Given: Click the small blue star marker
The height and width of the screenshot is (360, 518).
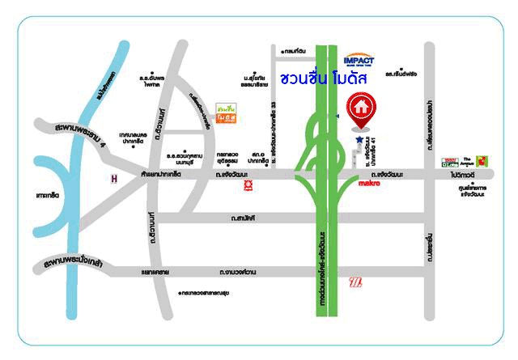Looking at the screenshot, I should click(359, 140).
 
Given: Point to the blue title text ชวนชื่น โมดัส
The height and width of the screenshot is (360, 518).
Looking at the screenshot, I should click(323, 79).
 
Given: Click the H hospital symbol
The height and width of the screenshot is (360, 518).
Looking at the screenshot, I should click(115, 177).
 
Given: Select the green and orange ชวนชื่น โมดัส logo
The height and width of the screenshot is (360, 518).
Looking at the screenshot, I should click(227, 114).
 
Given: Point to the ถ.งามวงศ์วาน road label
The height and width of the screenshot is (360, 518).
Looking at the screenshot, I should click(248, 273).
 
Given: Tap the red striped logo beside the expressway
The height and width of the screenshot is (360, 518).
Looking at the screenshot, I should click(355, 282).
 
